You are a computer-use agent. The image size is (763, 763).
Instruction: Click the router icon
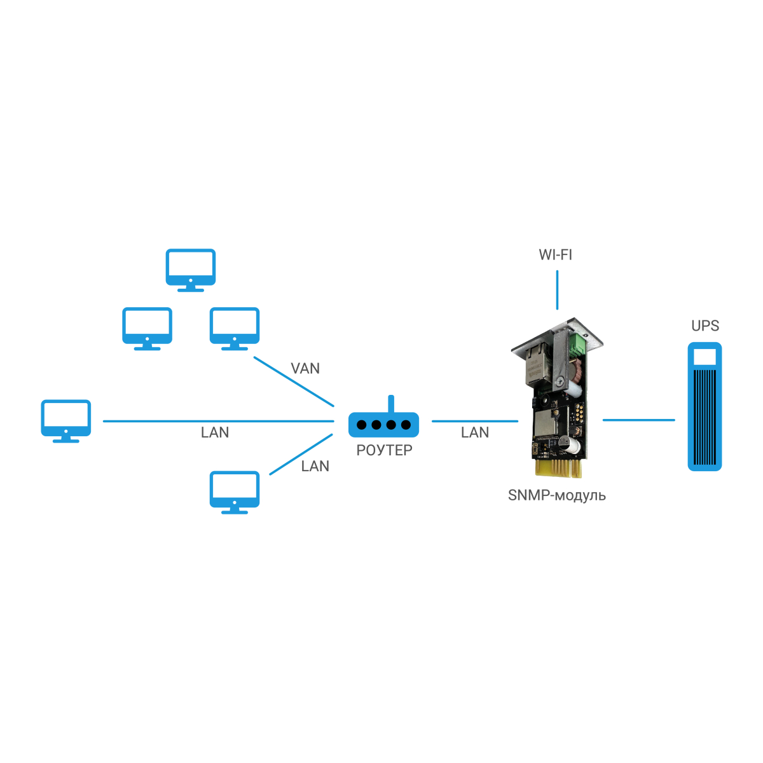[x=383, y=424]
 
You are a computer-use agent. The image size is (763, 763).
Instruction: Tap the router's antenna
[x=391, y=404]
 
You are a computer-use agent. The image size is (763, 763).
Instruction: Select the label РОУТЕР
[x=384, y=450]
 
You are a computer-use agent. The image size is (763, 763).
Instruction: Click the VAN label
[x=305, y=368]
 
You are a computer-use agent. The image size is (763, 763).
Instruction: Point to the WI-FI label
[x=555, y=254]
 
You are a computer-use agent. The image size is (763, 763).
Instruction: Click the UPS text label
[x=705, y=326]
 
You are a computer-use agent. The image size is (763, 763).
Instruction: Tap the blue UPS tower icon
[x=705, y=407]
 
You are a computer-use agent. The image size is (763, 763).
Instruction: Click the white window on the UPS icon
[x=705, y=356]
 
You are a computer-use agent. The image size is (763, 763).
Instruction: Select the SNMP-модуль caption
[x=556, y=495]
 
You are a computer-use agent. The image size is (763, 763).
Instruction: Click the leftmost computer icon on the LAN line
[x=65, y=420]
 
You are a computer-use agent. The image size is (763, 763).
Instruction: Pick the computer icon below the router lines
[x=235, y=491]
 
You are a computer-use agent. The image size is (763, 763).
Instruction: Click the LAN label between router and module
[x=475, y=432]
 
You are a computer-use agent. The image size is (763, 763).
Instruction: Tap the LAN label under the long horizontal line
[x=215, y=432]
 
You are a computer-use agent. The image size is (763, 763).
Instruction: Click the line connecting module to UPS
[x=638, y=420]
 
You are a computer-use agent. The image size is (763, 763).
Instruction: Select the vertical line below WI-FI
[x=557, y=290]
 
